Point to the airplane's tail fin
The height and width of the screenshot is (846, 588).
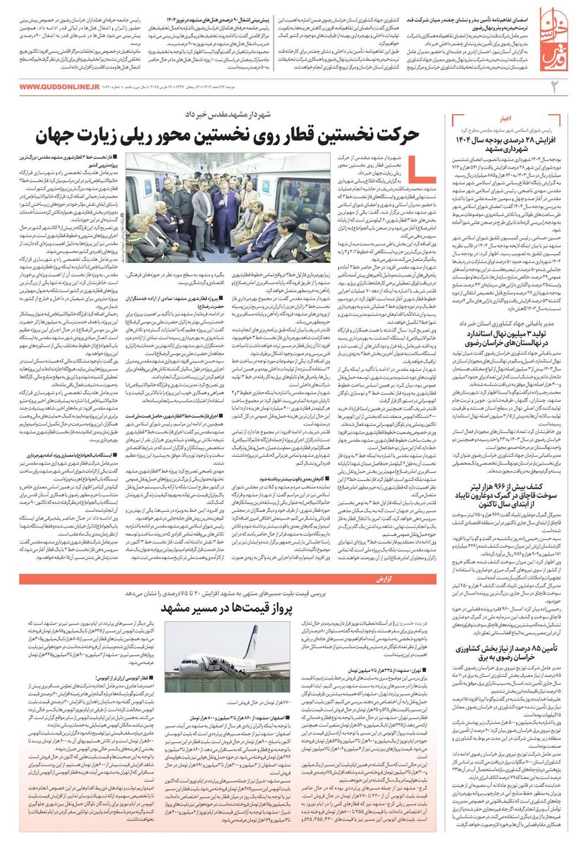click(252, 638)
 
